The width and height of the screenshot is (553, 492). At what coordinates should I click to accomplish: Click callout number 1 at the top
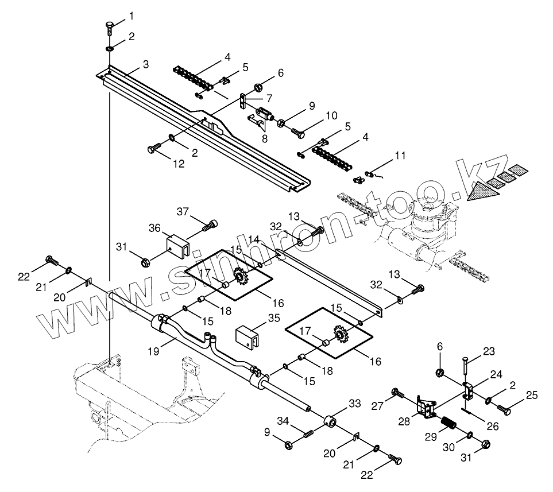coord(130,14)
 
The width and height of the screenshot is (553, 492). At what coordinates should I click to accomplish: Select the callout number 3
coord(146,64)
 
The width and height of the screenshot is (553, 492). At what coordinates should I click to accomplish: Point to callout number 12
coord(179,164)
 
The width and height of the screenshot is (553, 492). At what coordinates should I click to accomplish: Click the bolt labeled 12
coord(153,149)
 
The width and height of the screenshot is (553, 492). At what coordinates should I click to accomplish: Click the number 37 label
coord(182,212)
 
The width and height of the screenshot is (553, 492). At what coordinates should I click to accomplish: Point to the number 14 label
coord(253,238)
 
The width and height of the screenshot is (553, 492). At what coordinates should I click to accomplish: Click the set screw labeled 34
coord(309,432)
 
